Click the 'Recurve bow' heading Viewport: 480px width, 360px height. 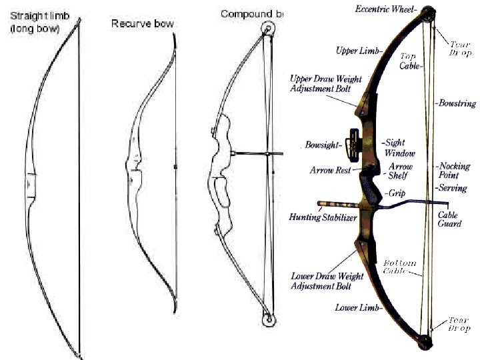(142, 23)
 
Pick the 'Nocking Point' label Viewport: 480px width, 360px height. (455, 170)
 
